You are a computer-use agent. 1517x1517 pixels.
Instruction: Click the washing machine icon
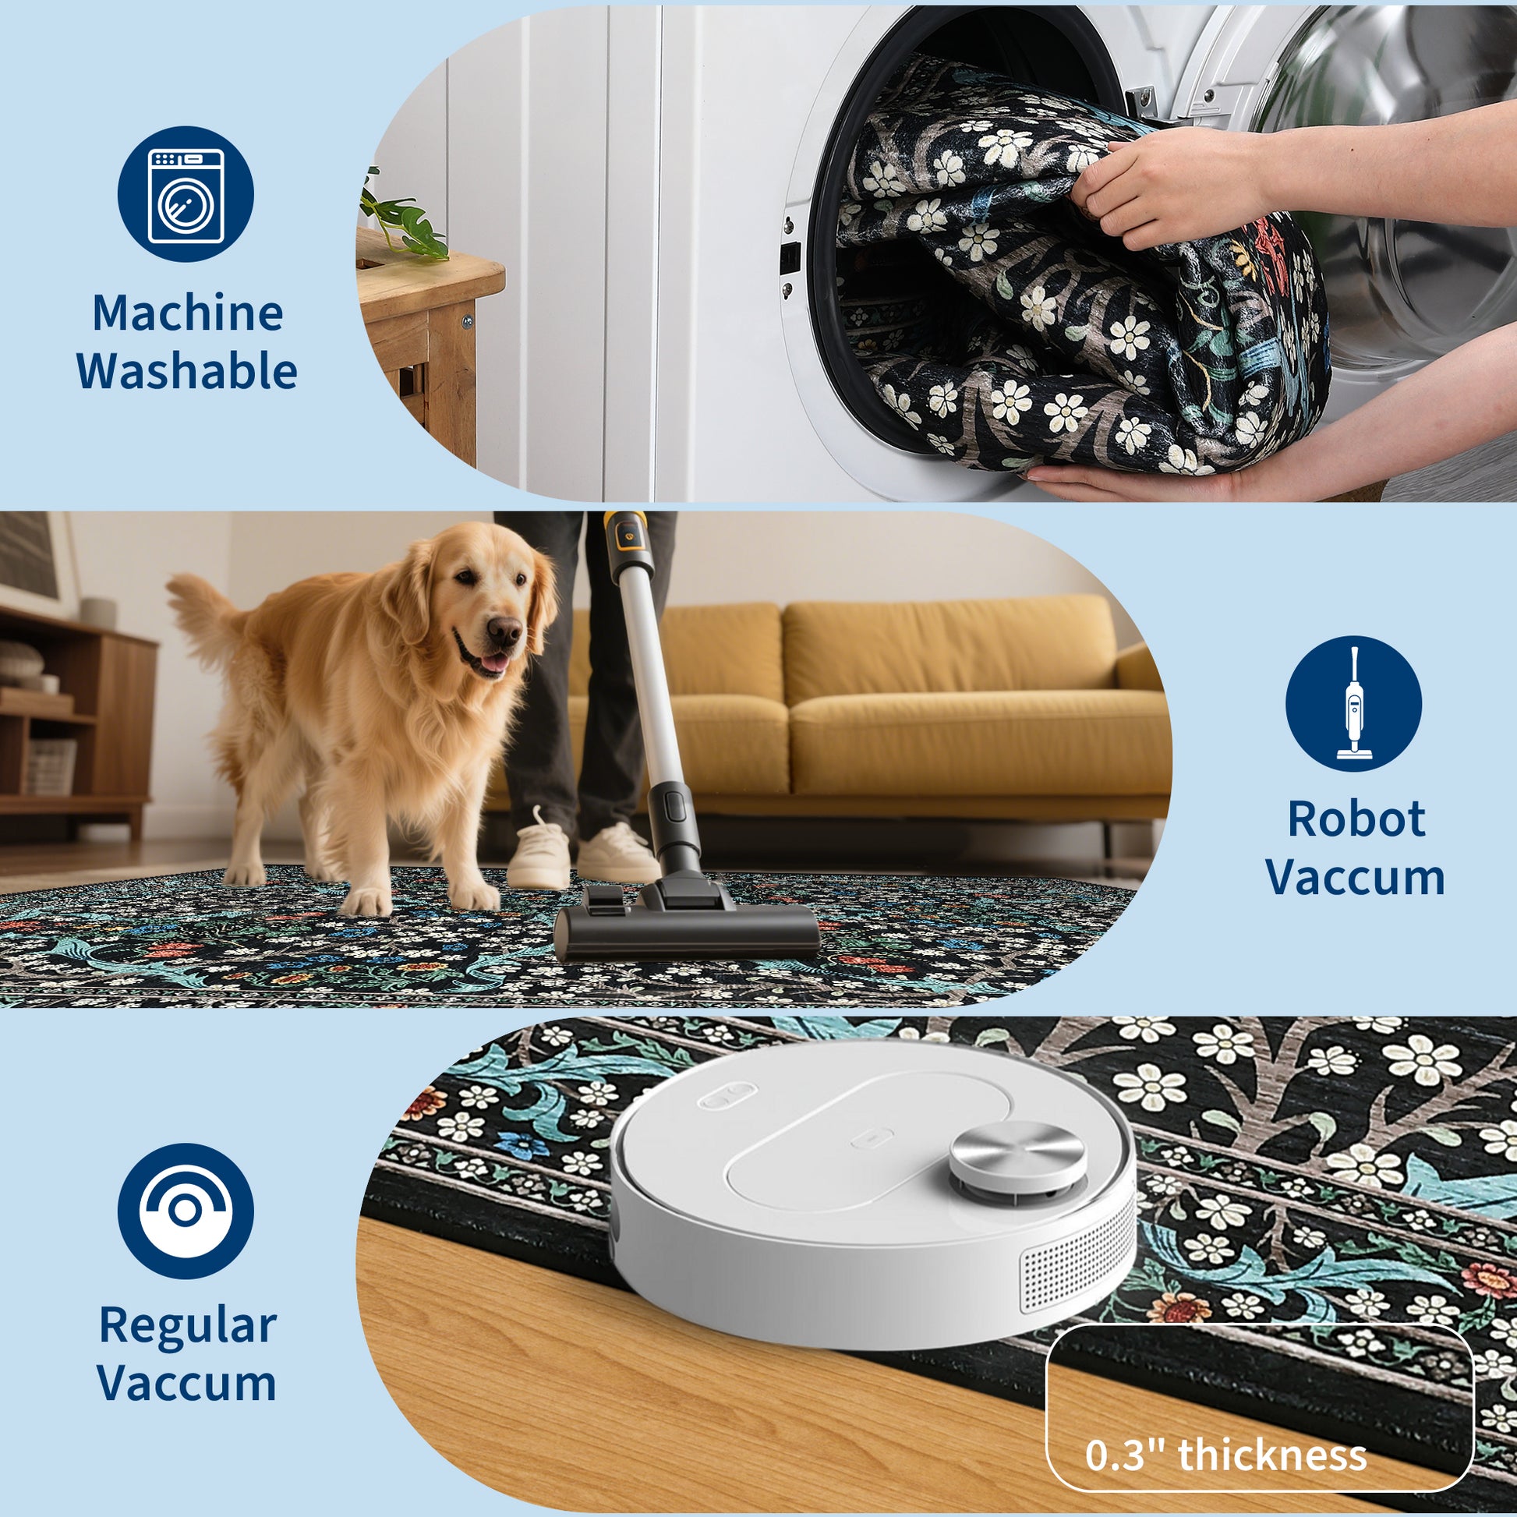(x=186, y=195)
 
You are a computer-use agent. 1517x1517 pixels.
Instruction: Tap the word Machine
(x=188, y=313)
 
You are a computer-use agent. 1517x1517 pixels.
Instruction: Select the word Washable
(x=187, y=370)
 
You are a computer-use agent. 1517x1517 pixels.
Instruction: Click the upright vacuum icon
(x=1353, y=703)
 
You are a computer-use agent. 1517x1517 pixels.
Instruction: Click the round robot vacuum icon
(x=186, y=1211)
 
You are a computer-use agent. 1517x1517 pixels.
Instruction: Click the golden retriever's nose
(x=504, y=630)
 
